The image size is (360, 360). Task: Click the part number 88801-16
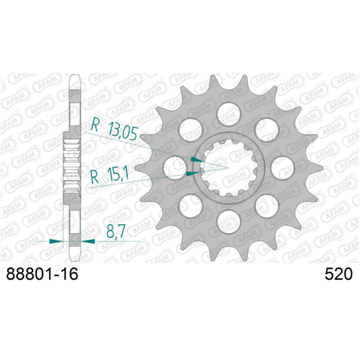pyautogui.click(x=42, y=274)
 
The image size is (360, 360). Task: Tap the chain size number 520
pyautogui.click(x=338, y=274)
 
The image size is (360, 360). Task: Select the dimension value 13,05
pyautogui.click(x=123, y=131)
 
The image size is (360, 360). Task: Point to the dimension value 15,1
pyautogui.click(x=117, y=174)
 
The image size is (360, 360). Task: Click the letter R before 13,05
pyautogui.click(x=95, y=125)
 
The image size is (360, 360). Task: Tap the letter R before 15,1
pyautogui.click(x=95, y=177)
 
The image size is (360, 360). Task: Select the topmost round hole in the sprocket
pyautogui.click(x=229, y=114)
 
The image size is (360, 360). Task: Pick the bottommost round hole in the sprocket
pyautogui.click(x=229, y=221)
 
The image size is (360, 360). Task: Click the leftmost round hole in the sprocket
pyautogui.click(x=174, y=167)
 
